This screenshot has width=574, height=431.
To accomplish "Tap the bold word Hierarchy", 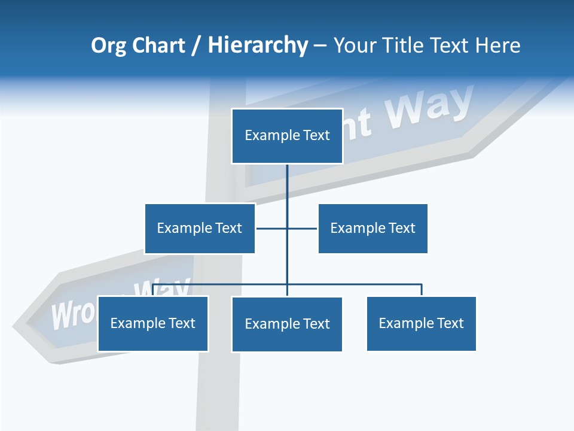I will coord(258,45).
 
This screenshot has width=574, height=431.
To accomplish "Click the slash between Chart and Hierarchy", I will coord(196,46).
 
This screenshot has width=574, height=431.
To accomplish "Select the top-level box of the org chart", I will coord(287,136).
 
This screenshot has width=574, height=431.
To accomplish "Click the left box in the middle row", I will coord(200,228).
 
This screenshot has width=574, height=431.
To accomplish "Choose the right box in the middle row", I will coord(373,228).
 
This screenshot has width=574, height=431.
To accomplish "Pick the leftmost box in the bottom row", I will coord(152,323).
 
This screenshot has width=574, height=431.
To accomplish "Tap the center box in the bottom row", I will coord(287,324).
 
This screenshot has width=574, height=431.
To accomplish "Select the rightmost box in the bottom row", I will coord(421,323).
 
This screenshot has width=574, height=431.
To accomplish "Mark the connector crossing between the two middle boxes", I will coord(287,228).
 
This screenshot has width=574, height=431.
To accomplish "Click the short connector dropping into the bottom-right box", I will coord(422,290).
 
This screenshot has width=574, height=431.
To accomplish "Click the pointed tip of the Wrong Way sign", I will coord(15,327).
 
